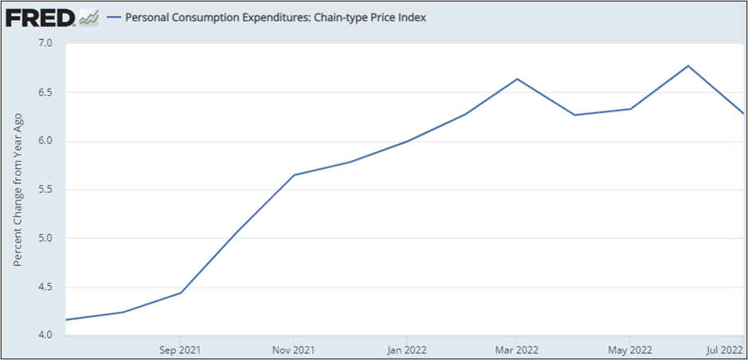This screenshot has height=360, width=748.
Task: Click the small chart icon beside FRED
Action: click(x=88, y=17)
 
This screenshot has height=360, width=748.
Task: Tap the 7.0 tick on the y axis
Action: click(x=45, y=43)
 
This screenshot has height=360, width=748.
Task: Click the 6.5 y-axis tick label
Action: click(x=45, y=92)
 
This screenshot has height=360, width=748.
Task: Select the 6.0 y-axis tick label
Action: click(x=45, y=141)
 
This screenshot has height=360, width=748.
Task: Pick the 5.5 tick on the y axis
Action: click(x=45, y=190)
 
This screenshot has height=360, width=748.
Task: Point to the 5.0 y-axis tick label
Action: click(x=45, y=238)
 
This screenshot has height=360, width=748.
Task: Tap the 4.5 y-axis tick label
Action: click(x=45, y=288)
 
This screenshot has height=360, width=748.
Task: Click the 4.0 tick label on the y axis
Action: click(x=45, y=335)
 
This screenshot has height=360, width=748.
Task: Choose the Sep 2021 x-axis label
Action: click(x=180, y=349)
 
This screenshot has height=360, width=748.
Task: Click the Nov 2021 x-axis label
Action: click(x=294, y=349)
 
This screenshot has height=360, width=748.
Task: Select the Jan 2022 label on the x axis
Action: click(x=406, y=349)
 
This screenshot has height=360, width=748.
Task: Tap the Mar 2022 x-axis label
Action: click(x=517, y=349)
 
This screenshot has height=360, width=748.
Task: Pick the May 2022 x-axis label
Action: click(x=630, y=349)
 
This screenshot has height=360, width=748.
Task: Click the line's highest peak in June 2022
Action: click(x=687, y=65)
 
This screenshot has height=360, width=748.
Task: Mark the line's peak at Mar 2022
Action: click(x=518, y=79)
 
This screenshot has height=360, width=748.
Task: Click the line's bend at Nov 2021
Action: click(x=294, y=174)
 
